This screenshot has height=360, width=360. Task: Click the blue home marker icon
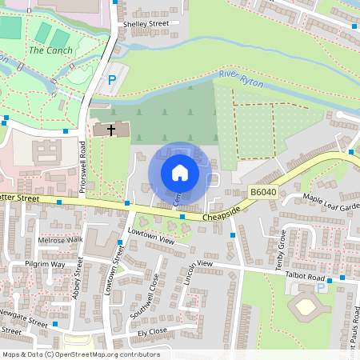coord(180,172)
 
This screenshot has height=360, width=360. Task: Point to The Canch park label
coord(50,50)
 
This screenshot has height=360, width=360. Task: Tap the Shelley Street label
coord(146,25)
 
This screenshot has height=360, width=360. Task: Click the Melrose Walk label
coord(60,239)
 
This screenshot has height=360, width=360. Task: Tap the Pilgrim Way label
coord(45,264)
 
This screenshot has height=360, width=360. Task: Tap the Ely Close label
coord(152,330)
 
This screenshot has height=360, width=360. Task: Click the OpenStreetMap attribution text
coord(80,354)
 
